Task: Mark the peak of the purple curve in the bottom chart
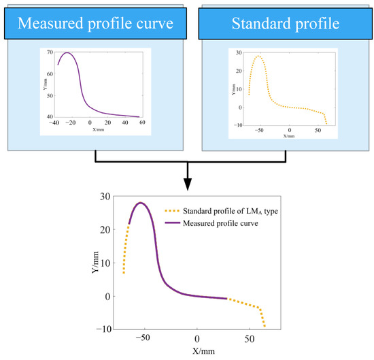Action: pyautogui.click(x=141, y=203)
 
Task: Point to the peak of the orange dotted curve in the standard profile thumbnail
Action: pyautogui.click(x=258, y=56)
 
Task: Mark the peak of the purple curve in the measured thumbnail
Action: pyautogui.click(x=67, y=52)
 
